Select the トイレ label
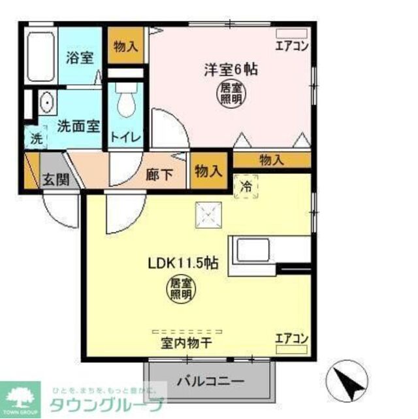(x=122, y=137)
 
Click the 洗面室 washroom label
(x=78, y=126)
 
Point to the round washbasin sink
(x=47, y=103)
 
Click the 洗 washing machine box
(x=37, y=139)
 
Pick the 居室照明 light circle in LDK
(x=182, y=288)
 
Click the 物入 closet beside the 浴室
(x=125, y=47)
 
